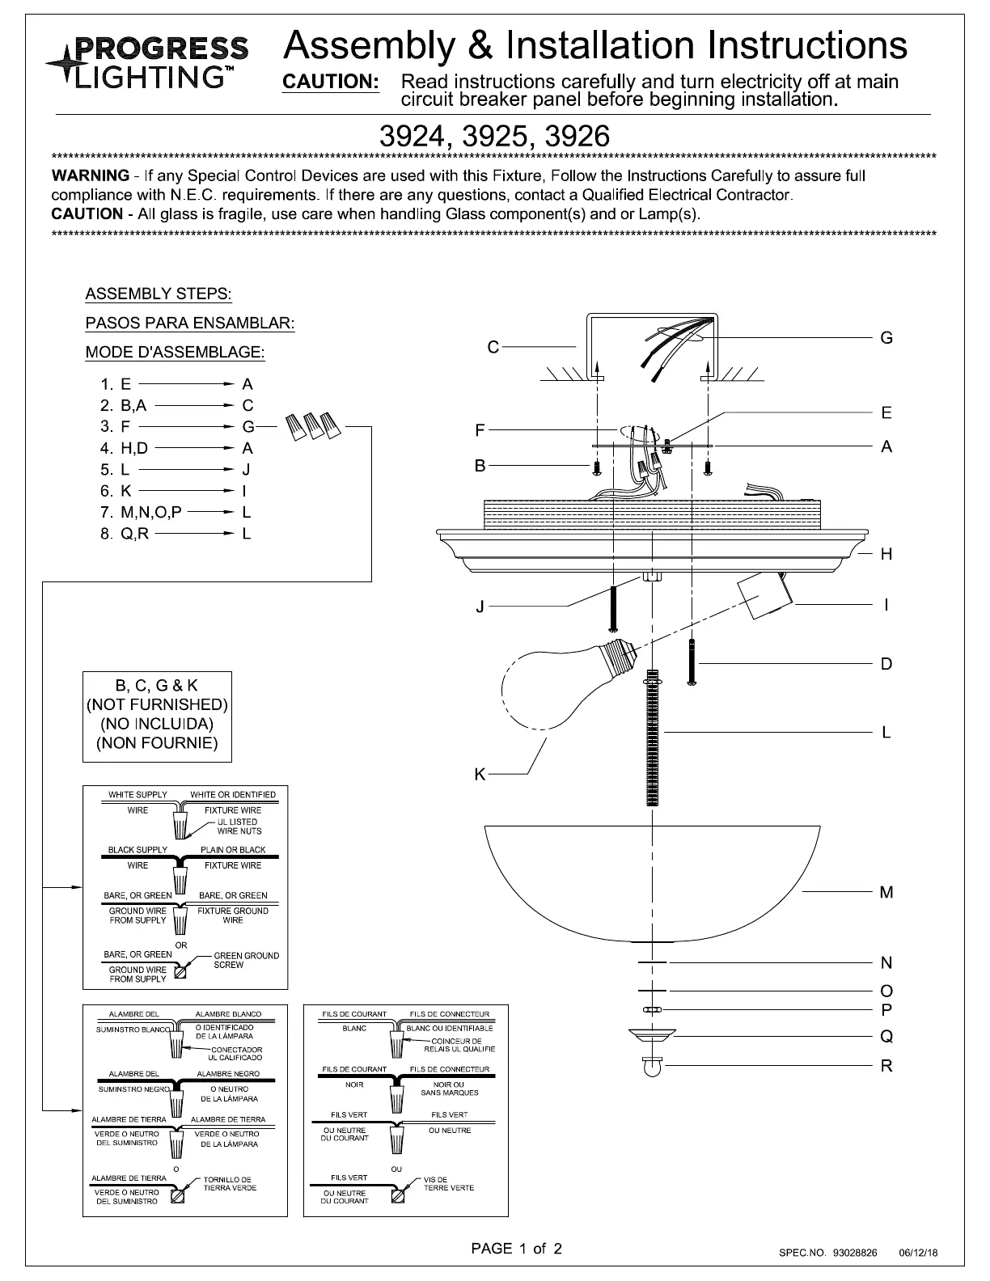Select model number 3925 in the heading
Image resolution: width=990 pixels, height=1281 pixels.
494,136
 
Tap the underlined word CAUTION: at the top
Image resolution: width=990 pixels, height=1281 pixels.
330,82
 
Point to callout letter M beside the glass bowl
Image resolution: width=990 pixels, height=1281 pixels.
886,892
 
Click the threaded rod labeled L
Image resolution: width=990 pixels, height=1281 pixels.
652,738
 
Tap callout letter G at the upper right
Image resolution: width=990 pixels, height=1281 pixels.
886,337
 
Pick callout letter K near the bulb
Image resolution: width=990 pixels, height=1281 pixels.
480,774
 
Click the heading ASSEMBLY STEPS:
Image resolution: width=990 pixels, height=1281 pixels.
159,294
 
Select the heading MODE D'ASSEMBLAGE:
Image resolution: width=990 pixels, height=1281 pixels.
175,353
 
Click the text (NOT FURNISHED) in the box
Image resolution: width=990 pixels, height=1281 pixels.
157,704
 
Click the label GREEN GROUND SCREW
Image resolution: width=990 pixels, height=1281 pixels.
246,960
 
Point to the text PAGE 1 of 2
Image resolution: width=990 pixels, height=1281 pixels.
517,1248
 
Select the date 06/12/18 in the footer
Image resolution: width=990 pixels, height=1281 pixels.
919,1253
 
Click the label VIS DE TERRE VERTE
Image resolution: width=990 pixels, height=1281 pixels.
448,1183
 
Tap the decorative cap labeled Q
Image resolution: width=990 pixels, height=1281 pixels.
652,1036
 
